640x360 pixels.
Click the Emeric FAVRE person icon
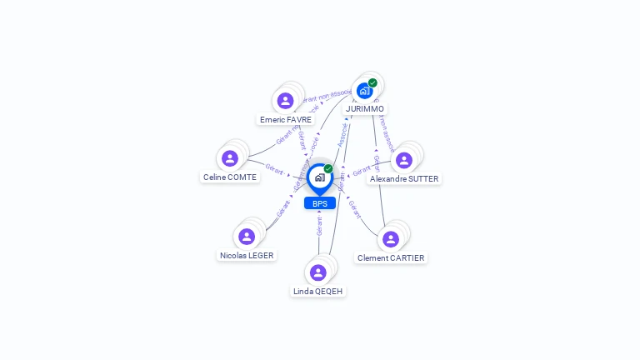click(286, 101)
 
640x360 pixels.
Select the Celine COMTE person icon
click(230, 158)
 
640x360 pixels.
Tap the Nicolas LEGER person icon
click(247, 237)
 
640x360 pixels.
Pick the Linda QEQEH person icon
click(317, 272)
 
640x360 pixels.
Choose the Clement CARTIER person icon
click(391, 239)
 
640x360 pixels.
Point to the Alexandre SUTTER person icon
click(404, 160)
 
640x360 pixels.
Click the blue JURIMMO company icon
click(365, 91)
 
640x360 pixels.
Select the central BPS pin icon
click(319, 177)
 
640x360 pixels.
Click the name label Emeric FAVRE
click(286, 120)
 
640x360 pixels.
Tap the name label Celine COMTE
click(230, 177)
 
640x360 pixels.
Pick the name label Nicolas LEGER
click(247, 256)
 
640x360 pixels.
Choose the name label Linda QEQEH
click(317, 292)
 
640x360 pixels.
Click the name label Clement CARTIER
click(391, 258)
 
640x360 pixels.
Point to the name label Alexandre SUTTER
click(404, 179)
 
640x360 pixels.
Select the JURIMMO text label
click(365, 109)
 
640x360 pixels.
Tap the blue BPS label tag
click(320, 203)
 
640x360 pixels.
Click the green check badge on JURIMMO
click(372, 82)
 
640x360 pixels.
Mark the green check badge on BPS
click(328, 169)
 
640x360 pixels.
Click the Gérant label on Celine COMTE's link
click(274, 168)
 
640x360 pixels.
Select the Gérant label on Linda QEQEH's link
click(319, 227)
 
